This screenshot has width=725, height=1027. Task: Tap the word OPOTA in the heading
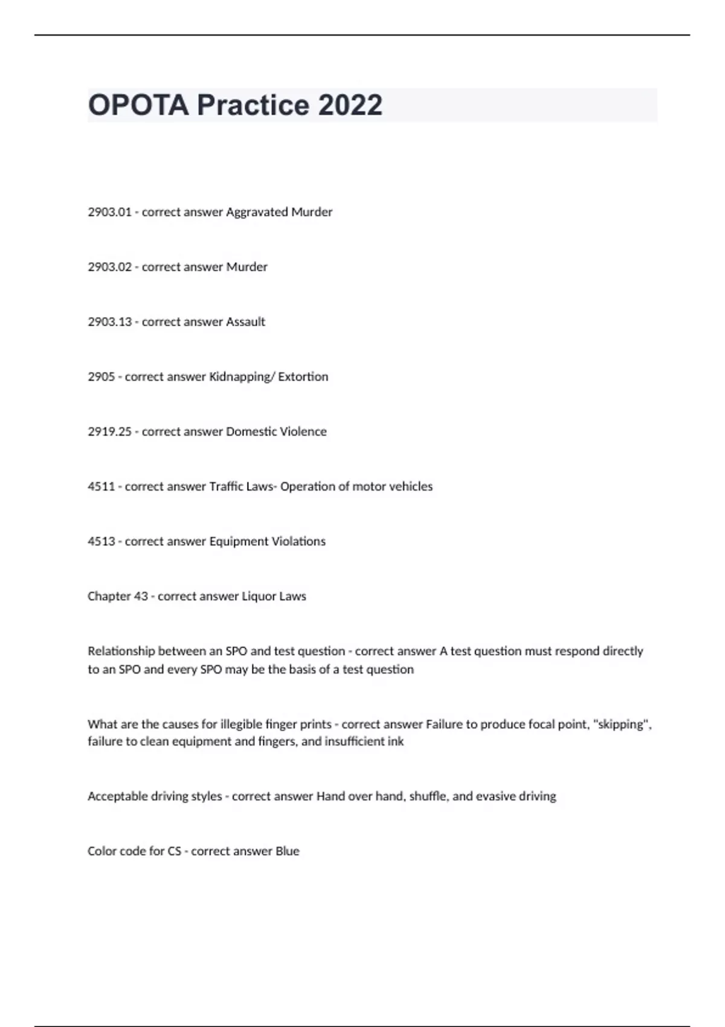pos(138,105)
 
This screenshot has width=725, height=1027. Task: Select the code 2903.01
pos(109,212)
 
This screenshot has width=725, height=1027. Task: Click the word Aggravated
pos(257,212)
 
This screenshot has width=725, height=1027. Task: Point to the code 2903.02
pos(109,267)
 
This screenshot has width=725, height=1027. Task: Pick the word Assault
pos(245,322)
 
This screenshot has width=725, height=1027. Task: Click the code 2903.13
pos(109,322)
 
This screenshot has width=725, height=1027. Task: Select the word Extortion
pos(303,377)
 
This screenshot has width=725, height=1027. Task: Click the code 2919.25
pos(109,432)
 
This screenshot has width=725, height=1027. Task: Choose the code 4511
pos(101,487)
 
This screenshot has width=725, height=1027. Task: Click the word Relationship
pos(121,651)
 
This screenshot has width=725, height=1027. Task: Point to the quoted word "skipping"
pos(623,724)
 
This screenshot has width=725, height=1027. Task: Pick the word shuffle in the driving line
pos(428,796)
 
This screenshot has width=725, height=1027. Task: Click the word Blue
pos(288,851)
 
